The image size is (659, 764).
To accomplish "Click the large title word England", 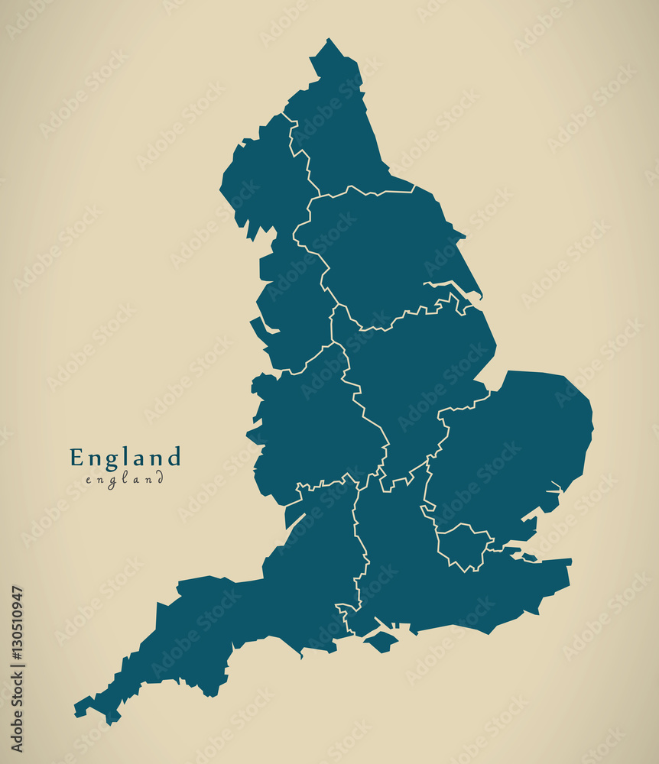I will pyautogui.click(x=125, y=458).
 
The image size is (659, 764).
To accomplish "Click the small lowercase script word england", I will pyautogui.click(x=125, y=480).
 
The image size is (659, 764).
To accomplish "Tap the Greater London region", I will pyautogui.click(x=463, y=545).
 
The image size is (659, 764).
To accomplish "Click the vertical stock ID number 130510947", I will pyautogui.click(x=18, y=668).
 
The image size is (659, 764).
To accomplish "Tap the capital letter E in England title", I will pyautogui.click(x=76, y=458).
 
